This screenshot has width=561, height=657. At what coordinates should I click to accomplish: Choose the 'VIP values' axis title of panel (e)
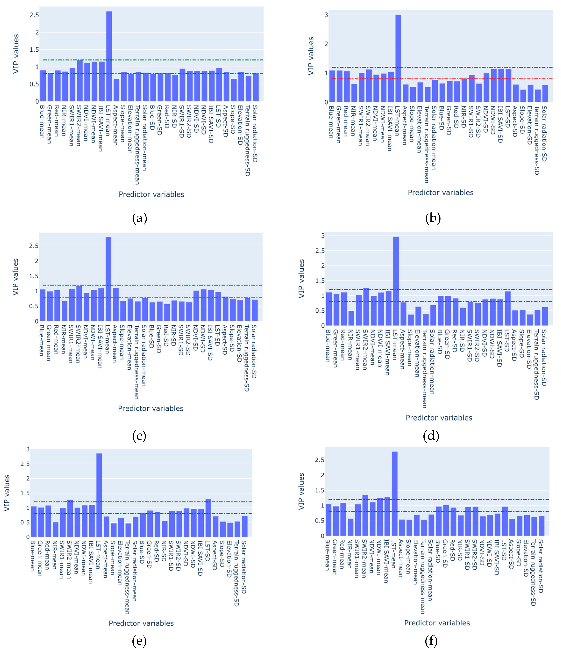[7, 493]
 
